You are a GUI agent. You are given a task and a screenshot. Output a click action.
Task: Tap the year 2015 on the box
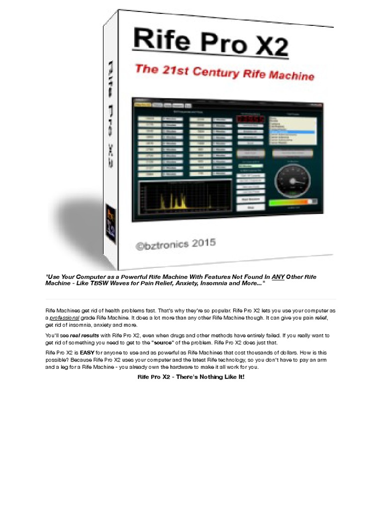(x=202, y=244)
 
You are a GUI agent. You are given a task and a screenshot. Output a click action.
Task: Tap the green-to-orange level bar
(x=293, y=202)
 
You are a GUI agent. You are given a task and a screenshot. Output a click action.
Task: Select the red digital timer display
(x=251, y=120)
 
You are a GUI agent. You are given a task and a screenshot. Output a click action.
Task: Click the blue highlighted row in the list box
(x=292, y=132)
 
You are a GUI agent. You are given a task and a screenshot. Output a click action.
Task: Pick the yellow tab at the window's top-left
(x=143, y=105)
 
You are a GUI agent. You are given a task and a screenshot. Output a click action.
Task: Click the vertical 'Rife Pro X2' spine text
(x=112, y=117)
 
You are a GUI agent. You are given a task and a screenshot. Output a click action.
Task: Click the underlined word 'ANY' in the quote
(x=278, y=276)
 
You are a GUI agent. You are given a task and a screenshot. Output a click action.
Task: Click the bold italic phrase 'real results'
(x=85, y=336)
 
